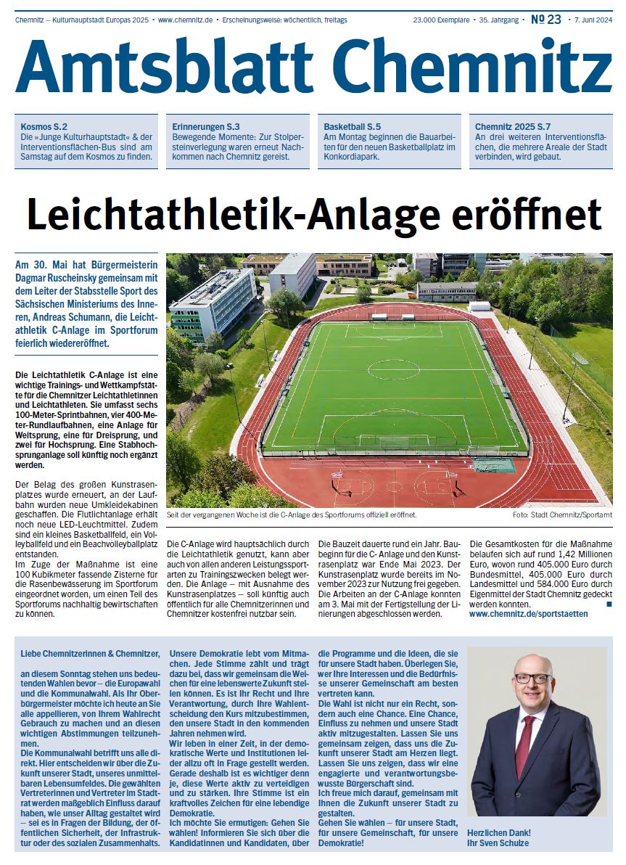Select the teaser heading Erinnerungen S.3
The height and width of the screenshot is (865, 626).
click(206, 126)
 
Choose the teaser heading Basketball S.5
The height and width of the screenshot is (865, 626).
click(357, 126)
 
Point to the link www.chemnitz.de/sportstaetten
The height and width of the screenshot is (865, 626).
click(529, 614)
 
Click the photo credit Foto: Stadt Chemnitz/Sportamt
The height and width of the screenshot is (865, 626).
click(562, 515)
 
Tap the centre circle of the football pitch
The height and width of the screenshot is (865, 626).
click(393, 370)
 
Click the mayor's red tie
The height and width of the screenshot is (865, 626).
click(524, 743)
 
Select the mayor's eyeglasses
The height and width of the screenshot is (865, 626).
click(532, 679)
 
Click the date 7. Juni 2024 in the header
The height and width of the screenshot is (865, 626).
click(593, 20)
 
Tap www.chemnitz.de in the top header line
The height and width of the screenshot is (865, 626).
click(185, 20)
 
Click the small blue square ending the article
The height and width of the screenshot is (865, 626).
click(609, 604)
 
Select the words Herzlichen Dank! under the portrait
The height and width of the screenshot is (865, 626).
click(499, 832)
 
